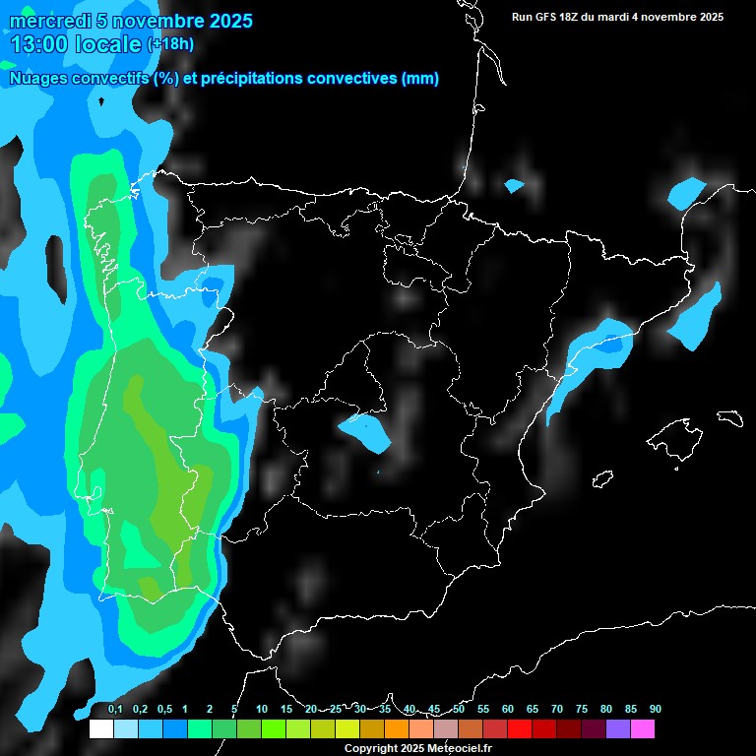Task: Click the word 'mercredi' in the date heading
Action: coord(47,21)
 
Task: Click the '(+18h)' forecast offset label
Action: coord(170,44)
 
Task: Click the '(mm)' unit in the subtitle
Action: coord(420,79)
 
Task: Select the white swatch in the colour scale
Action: coord(100,729)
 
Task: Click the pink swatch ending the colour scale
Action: coord(643,729)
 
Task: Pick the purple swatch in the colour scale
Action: coord(618,729)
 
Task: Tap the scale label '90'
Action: coord(656,710)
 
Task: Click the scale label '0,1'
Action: coord(115,710)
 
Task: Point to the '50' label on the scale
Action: coord(459,710)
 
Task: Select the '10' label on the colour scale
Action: coord(262,710)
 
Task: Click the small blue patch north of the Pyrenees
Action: coord(514,185)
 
